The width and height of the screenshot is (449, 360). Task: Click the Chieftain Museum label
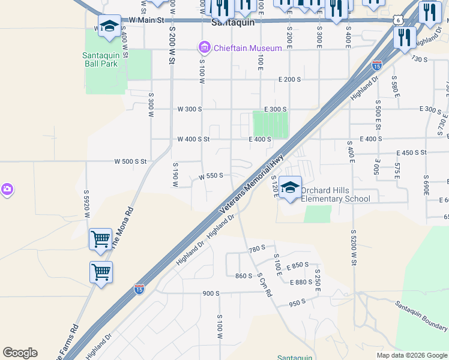(247, 48)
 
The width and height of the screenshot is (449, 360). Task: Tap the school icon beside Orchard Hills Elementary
(290, 187)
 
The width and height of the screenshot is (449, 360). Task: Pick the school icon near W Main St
(109, 26)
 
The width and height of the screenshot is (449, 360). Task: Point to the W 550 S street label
(211, 176)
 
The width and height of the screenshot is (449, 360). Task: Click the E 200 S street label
(289, 79)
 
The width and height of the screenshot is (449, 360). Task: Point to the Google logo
(20, 353)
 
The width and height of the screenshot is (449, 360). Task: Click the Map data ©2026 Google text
(411, 355)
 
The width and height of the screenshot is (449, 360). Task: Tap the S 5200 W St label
(354, 248)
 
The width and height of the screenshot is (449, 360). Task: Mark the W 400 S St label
(193, 139)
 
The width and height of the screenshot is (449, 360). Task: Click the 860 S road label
(244, 276)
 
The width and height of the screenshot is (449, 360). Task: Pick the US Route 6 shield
(399, 20)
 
